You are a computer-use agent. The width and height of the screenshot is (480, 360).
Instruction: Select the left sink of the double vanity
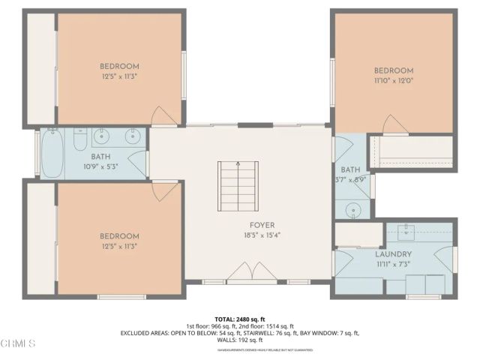pyautogui.click(x=103, y=136)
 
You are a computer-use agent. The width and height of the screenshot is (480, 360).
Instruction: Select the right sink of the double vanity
pyautogui.click(x=131, y=136)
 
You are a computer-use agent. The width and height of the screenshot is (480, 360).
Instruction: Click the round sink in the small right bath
pyautogui.click(x=352, y=211)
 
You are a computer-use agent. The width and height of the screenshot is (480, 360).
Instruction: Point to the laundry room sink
pyautogui.click(x=409, y=228)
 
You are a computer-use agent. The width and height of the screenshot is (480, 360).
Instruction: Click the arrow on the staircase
pyautogui.click(x=238, y=166)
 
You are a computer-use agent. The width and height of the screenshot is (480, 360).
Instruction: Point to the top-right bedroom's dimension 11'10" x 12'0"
pyautogui.click(x=394, y=80)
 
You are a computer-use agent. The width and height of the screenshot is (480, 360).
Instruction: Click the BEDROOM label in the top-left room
pyautogui.click(x=119, y=66)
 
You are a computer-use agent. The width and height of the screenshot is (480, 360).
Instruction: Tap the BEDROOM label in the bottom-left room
pyautogui.click(x=119, y=235)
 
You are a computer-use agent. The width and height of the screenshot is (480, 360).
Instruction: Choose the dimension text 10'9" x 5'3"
pyautogui.click(x=100, y=167)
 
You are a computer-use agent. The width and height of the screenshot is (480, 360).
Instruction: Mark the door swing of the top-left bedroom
pyautogui.click(x=163, y=116)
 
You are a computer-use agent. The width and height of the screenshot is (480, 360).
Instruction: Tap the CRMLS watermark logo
pyautogui.click(x=19, y=343)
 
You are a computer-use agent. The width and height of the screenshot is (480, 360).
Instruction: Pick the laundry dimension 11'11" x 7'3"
pyautogui.click(x=393, y=265)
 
